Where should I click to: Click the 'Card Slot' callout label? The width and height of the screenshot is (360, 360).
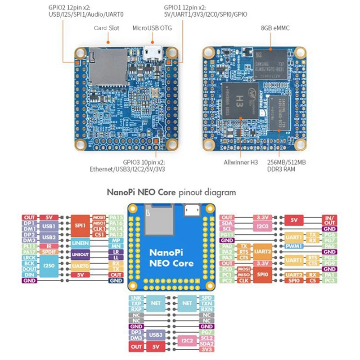click(x=106, y=28)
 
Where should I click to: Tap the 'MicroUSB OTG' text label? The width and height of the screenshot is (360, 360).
click(x=152, y=28)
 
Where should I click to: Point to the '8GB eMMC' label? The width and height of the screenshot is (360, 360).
click(x=275, y=28)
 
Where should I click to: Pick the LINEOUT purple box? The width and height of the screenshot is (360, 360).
click(x=81, y=255)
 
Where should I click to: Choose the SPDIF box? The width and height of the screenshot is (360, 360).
click(x=48, y=252)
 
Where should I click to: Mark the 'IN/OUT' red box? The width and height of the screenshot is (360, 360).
click(x=329, y=220)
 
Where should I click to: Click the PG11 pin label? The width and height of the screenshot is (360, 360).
click(x=228, y=235)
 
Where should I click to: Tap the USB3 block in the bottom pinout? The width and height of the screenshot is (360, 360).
click(x=156, y=335)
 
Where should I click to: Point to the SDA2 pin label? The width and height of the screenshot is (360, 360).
click(x=207, y=343)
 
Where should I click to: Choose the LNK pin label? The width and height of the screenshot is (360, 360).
click(x=136, y=298)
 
